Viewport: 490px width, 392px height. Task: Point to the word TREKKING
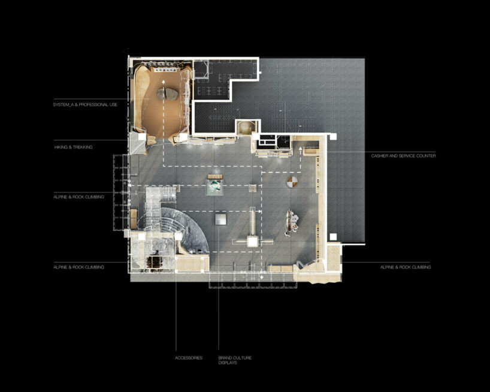click(x=83, y=147)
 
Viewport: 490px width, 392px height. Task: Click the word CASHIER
click(x=381, y=156)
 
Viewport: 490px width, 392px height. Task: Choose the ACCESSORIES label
click(x=189, y=358)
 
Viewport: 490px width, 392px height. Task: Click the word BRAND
click(x=224, y=358)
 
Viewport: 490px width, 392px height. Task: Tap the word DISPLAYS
click(x=227, y=363)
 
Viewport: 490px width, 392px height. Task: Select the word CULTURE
click(x=243, y=358)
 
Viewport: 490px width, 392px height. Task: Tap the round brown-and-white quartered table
click(x=292, y=181)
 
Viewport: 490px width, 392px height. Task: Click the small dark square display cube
click(x=222, y=220)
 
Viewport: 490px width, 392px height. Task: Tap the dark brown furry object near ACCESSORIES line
click(x=157, y=261)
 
